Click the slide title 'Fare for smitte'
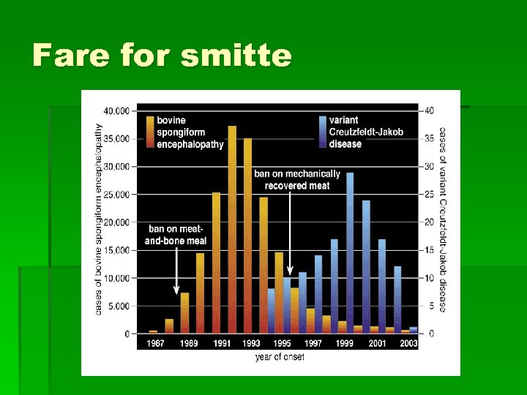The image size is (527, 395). coord(162,56)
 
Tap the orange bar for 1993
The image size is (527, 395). coord(247,235)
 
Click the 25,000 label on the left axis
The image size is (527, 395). coord(116,195)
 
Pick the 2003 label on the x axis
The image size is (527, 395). coord(410,344)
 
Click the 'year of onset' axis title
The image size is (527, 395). coord(280,357)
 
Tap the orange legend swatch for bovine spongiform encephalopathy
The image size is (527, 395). coord(149,132)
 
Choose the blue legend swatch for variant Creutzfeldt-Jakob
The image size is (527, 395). coord(322,132)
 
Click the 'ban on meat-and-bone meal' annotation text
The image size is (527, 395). coord(176,235)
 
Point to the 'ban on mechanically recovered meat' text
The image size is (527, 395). coord(297,179)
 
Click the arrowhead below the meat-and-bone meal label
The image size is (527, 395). coord(176,290)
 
